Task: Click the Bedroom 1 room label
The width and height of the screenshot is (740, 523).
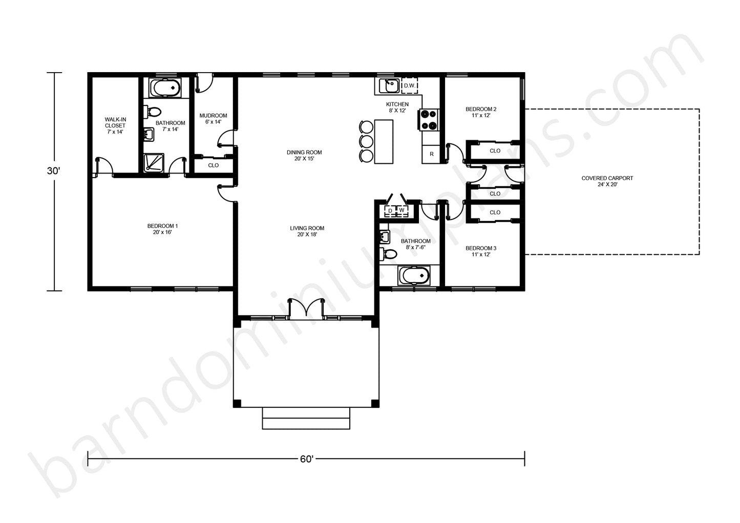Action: (162, 229)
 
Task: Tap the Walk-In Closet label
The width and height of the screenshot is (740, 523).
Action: (115, 125)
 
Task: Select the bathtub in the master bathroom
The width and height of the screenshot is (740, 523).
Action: (165, 88)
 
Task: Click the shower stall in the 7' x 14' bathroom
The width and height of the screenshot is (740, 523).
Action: (154, 163)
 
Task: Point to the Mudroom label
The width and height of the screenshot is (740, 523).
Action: (213, 119)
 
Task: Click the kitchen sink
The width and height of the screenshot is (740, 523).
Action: (389, 86)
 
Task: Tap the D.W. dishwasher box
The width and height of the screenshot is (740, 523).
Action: (410, 86)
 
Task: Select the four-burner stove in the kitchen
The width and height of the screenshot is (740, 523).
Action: (429, 120)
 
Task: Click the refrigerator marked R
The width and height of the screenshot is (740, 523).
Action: (431, 154)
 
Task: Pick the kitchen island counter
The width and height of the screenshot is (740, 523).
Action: (384, 142)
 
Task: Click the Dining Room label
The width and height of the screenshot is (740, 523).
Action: (304, 156)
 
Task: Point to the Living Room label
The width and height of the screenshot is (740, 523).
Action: (307, 231)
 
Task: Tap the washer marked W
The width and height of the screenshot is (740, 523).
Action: (402, 210)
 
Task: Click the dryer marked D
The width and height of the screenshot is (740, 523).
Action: (390, 211)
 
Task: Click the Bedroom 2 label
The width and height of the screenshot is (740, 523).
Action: (481, 112)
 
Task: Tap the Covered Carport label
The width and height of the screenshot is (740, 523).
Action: (607, 181)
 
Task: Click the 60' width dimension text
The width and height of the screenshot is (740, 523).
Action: (307, 459)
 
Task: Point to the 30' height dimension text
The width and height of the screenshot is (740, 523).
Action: (54, 171)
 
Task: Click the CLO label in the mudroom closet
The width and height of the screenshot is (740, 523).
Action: (213, 165)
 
